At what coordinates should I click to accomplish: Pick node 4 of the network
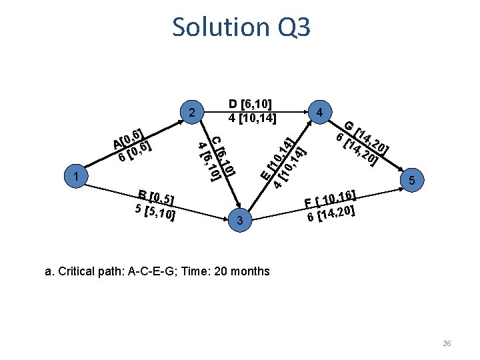point(321,112)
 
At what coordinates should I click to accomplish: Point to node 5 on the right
point(412,181)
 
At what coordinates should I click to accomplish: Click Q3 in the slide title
point(291,27)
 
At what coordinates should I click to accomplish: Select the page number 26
point(447,343)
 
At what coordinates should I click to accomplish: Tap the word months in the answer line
point(249,271)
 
